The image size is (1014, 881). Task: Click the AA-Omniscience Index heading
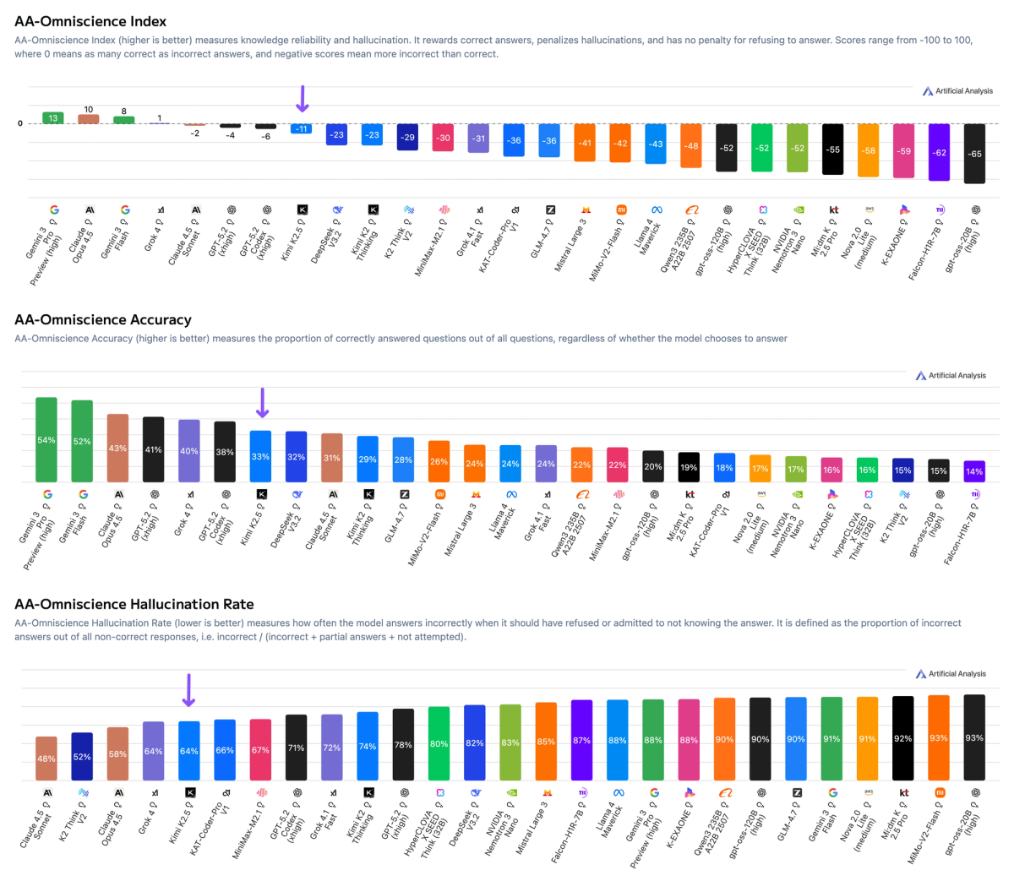[x=90, y=21]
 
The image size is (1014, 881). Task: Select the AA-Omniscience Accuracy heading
[x=103, y=319]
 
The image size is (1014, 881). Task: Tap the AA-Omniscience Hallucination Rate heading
[x=134, y=604]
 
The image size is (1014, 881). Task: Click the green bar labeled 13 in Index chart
[x=53, y=118]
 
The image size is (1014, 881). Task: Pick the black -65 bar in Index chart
[x=974, y=154]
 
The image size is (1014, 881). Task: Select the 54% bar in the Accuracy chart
[x=46, y=440]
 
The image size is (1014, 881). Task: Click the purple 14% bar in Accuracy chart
[x=974, y=471]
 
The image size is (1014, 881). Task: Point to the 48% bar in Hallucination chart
[x=46, y=759]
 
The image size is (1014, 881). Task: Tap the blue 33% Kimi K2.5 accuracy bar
[x=260, y=457]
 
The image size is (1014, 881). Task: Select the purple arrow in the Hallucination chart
[x=189, y=690]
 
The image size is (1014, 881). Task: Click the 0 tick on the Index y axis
[x=20, y=123]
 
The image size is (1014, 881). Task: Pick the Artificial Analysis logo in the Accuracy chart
[x=951, y=375]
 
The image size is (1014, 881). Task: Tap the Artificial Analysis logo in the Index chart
[x=957, y=90]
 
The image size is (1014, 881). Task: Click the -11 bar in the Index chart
[x=302, y=128]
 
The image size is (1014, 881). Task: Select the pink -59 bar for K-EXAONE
[x=903, y=151]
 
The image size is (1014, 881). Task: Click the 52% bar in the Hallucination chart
[x=82, y=757]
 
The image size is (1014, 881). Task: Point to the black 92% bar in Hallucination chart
[x=903, y=738]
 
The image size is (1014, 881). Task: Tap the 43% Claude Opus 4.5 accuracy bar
[x=117, y=449]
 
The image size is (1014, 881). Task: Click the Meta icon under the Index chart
[x=656, y=209]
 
